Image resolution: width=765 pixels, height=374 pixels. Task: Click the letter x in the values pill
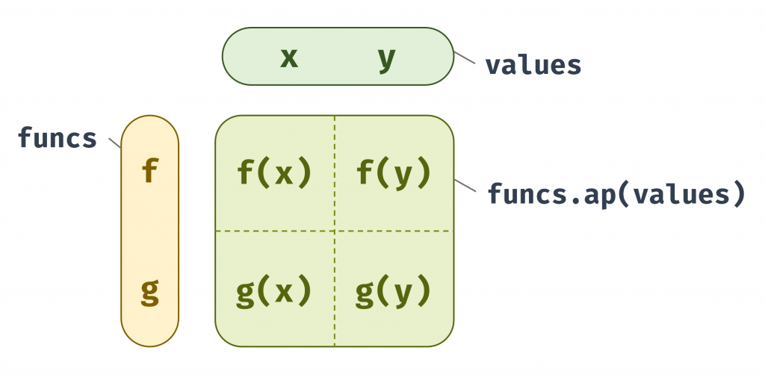(289, 57)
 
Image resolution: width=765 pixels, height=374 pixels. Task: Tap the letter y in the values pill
(386, 58)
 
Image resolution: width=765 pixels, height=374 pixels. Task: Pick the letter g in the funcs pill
(150, 291)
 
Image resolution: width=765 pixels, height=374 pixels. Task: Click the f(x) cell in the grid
(274, 173)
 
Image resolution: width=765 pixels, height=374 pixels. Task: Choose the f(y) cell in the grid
(394, 173)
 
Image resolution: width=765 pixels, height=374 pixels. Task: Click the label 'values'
(533, 65)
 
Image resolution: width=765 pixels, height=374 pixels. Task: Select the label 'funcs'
(58, 137)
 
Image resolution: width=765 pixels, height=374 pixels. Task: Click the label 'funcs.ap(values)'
(616, 194)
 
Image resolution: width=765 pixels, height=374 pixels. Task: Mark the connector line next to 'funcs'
(114, 142)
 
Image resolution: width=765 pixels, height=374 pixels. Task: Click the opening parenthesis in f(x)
(262, 173)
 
